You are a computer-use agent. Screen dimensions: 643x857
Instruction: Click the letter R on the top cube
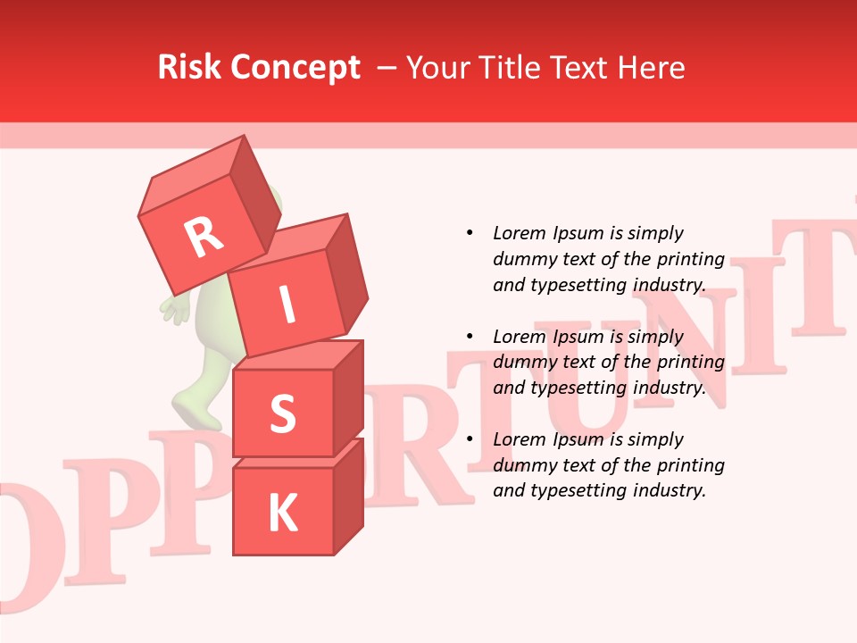[x=204, y=238]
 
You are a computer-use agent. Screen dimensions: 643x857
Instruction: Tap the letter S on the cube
[x=282, y=414]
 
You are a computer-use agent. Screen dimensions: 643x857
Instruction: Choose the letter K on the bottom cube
[x=282, y=514]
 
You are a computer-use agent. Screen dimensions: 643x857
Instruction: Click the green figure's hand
[x=176, y=309]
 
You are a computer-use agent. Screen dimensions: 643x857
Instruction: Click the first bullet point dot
[x=470, y=233]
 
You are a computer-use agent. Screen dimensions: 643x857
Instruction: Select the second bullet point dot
[x=470, y=337]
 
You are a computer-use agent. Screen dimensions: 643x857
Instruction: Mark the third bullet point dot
[x=470, y=439]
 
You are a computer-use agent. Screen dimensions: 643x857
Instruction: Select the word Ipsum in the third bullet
[x=579, y=439]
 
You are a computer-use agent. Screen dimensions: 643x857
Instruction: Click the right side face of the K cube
[x=348, y=496]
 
